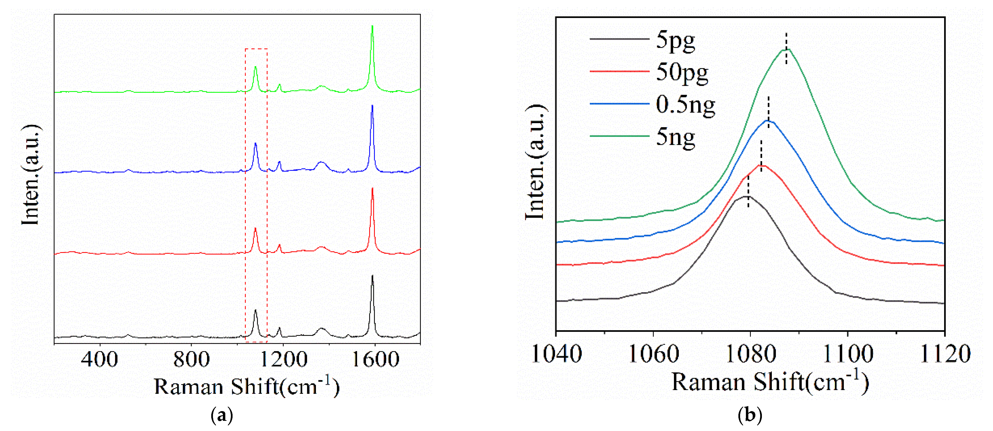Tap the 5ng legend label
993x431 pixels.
675,137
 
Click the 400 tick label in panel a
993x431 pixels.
100,359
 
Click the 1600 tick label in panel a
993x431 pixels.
375,359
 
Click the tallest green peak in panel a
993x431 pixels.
372,26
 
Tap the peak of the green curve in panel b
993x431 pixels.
786,49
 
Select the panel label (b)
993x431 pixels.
750,415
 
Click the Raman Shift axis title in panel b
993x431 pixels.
770,383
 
